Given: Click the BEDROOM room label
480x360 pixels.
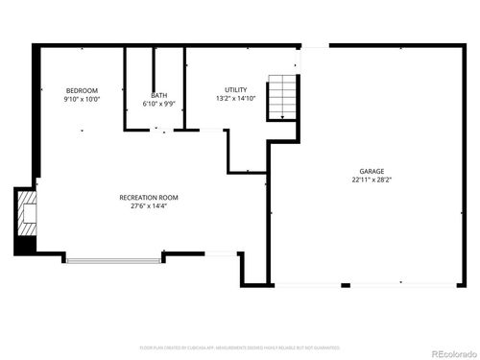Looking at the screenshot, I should coord(82,90).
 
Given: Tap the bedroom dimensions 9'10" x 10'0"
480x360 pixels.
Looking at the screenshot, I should coord(82,99).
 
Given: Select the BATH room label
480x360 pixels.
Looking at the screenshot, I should coord(157,95).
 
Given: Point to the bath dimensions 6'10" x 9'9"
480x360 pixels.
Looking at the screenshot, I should coord(157,104).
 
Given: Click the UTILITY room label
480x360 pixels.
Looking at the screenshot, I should coord(235,89).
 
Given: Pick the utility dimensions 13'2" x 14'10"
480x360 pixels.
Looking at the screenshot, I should coord(235,98).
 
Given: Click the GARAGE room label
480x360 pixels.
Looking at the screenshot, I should coord(372,170).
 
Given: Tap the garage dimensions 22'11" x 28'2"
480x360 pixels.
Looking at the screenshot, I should coord(372,179).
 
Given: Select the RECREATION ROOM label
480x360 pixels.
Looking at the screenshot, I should coord(149,197).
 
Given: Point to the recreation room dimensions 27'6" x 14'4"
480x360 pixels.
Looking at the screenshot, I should coord(149,205).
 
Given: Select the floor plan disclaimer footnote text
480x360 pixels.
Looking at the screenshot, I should coord(240,347).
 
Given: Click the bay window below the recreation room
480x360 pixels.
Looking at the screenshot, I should coord(112,257).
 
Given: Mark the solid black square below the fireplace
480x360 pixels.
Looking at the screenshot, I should coord(26,244).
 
